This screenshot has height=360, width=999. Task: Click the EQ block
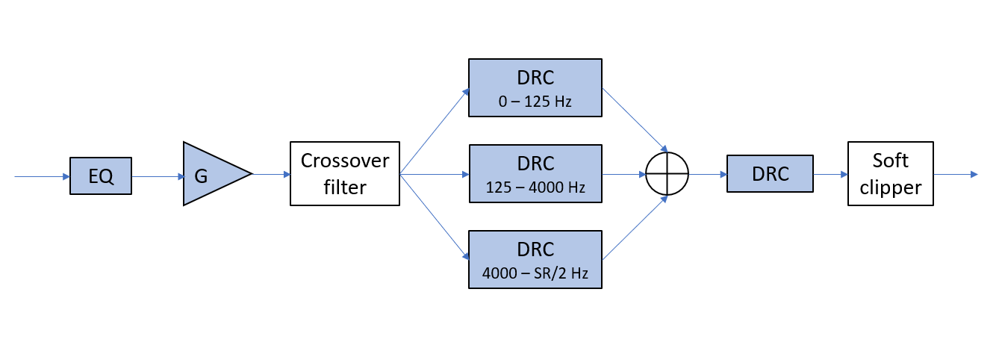click(101, 176)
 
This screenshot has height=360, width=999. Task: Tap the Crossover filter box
click(345, 173)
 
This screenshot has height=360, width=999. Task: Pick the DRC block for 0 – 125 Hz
click(535, 87)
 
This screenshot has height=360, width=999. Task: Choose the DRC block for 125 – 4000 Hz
click(535, 174)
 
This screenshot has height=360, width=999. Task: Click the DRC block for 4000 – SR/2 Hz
click(535, 259)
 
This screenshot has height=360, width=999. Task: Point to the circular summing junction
click(667, 174)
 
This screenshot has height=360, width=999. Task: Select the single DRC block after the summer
click(770, 174)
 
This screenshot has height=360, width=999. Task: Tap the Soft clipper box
click(890, 173)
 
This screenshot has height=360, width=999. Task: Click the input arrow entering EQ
click(42, 177)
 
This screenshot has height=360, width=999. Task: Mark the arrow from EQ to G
click(158, 177)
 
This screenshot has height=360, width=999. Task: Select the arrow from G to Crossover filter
click(271, 174)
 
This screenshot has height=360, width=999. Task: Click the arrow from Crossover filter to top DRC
click(435, 132)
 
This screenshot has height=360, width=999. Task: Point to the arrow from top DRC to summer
click(635, 120)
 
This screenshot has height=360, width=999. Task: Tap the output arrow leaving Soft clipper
click(956, 174)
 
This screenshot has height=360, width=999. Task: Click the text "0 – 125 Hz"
click(535, 102)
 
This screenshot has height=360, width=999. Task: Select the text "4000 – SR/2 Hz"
click(535, 273)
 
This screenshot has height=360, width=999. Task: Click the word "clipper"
click(890, 187)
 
